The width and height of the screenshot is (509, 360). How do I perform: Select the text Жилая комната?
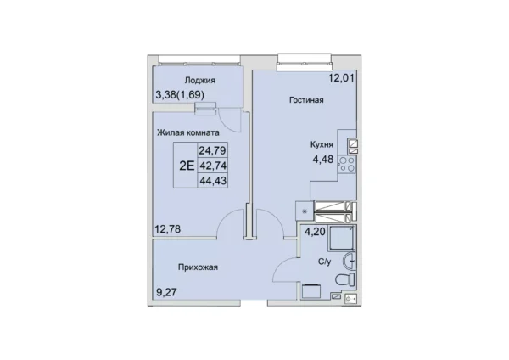[189, 132]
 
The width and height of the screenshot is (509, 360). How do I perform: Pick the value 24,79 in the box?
[213, 151]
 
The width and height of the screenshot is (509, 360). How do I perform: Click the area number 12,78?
[168, 227]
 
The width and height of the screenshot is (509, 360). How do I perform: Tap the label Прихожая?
[199, 267]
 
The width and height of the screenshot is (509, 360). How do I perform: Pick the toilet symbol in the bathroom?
[343, 278]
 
